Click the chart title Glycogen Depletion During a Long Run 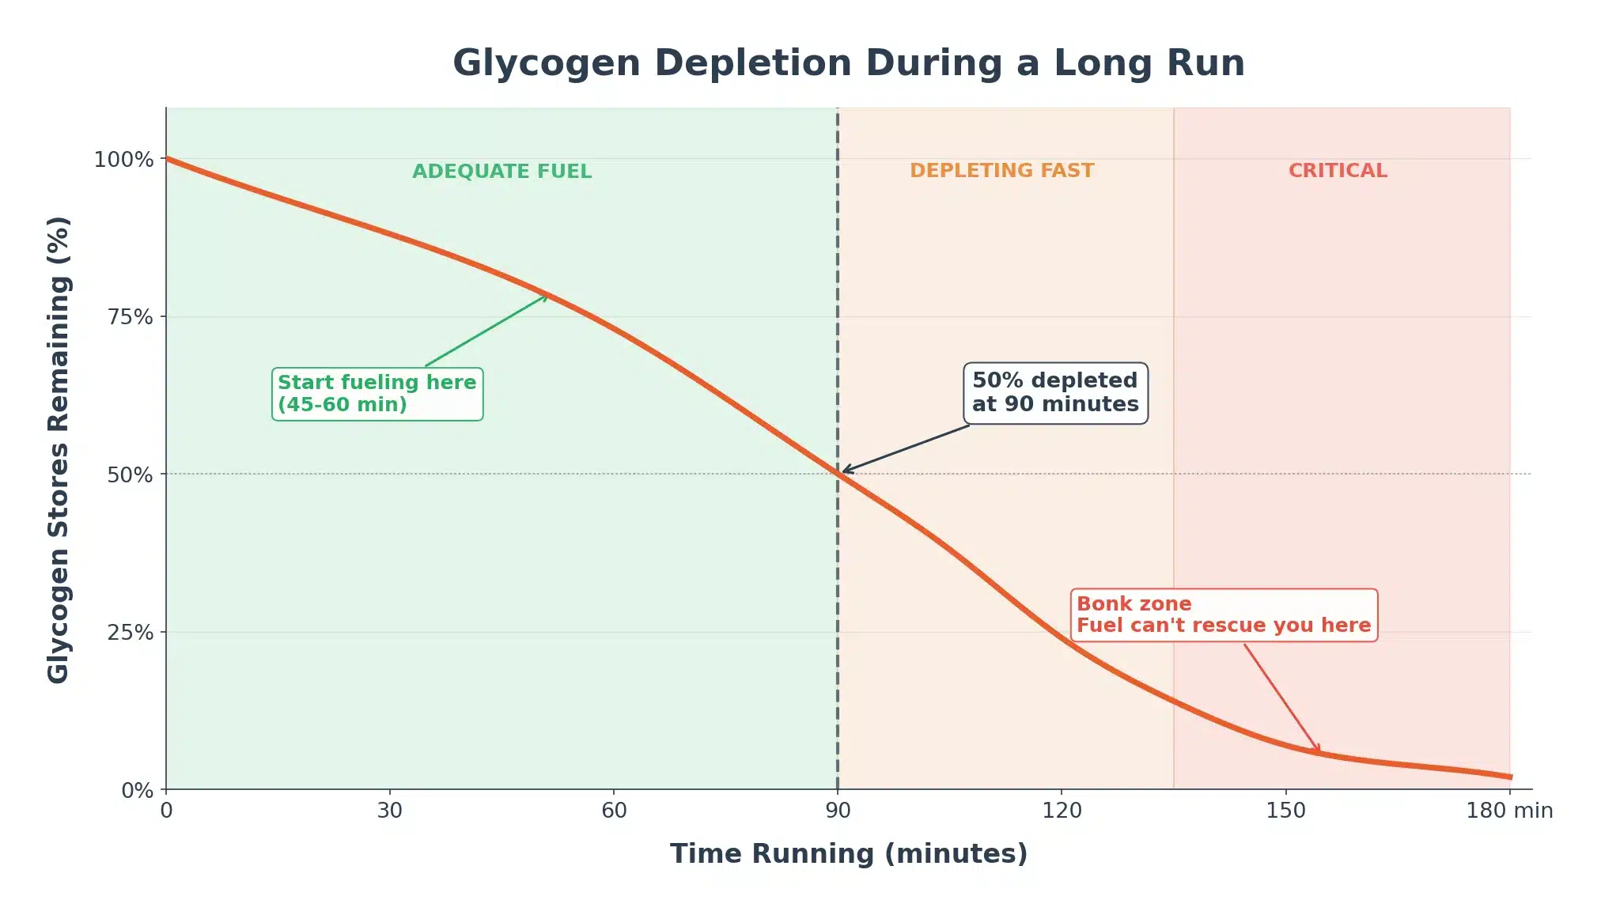pyautogui.click(x=848, y=63)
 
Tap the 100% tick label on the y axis pyautogui.click(x=123, y=160)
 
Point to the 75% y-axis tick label pyautogui.click(x=130, y=317)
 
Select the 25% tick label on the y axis pyautogui.click(x=130, y=633)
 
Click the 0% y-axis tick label pyautogui.click(x=136, y=790)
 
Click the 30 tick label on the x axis pyautogui.click(x=389, y=811)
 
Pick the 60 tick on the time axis pyautogui.click(x=614, y=811)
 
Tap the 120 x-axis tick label pyautogui.click(x=1062, y=811)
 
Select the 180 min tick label pyautogui.click(x=1509, y=811)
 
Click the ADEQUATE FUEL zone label pyautogui.click(x=501, y=172)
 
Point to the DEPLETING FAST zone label pyautogui.click(x=1001, y=171)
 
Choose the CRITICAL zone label pyautogui.click(x=1338, y=171)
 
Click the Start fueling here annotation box pyautogui.click(x=377, y=394)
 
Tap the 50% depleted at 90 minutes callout pyautogui.click(x=1055, y=393)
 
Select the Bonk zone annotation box pyautogui.click(x=1223, y=615)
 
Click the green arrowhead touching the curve pyautogui.click(x=544, y=297)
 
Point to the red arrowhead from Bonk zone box pyautogui.click(x=1317, y=749)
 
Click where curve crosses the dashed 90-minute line pyautogui.click(x=838, y=474)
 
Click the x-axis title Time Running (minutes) pyautogui.click(x=848, y=854)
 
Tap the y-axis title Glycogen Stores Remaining pyautogui.click(x=59, y=449)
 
